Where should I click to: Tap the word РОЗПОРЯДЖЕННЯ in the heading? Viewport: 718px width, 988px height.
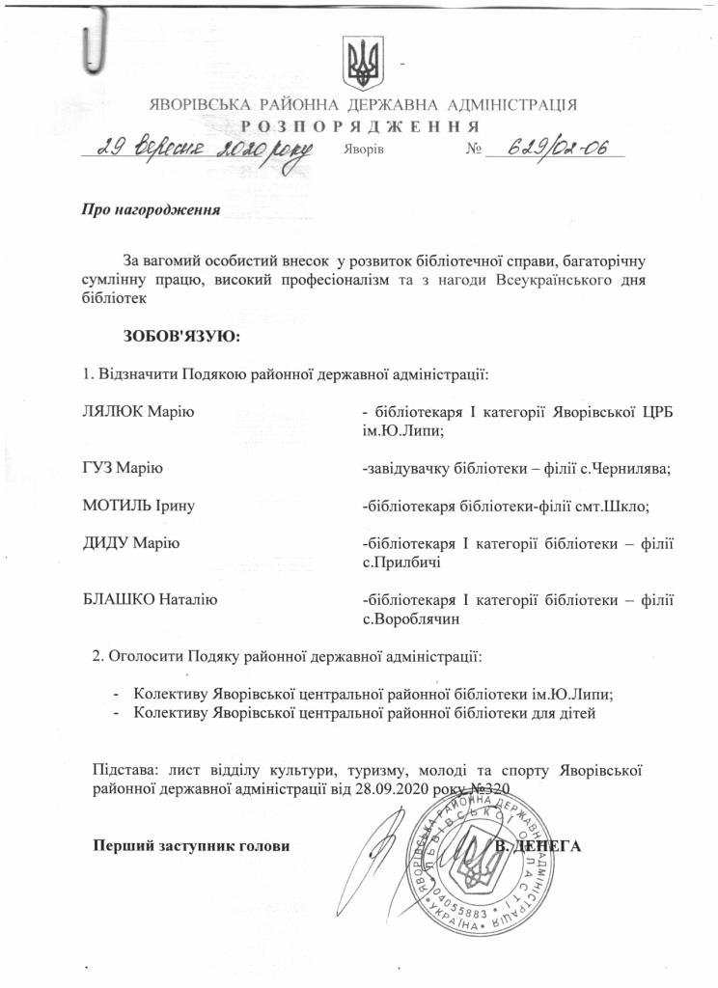click(359, 127)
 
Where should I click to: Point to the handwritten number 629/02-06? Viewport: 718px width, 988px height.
click(555, 148)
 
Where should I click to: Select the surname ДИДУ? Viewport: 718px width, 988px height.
click(107, 542)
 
